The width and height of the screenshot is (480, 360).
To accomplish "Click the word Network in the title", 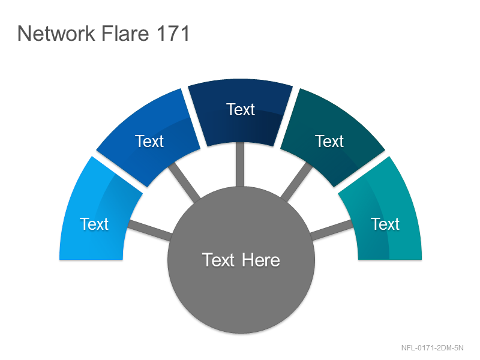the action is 56,34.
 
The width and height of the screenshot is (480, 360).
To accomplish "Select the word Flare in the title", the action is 125,34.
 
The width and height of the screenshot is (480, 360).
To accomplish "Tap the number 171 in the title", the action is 173,34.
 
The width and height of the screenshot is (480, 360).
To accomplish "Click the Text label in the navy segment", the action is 241,110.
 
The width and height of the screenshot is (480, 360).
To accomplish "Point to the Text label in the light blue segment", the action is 94,224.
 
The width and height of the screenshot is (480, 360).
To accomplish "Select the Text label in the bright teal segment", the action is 385,224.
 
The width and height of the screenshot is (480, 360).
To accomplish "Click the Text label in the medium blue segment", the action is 149,142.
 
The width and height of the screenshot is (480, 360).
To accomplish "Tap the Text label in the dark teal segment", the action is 329,142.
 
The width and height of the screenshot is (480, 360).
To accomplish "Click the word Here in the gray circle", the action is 261,260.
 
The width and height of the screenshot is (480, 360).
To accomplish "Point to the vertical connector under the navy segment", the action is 240,164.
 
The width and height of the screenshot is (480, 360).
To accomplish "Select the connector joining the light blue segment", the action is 149,230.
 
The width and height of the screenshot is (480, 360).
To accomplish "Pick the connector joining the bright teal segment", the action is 331,230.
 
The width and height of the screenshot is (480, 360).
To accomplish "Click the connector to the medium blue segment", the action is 184,182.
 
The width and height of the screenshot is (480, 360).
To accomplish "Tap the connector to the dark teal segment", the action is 296,182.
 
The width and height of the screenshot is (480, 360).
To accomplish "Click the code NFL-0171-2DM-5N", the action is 432,348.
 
